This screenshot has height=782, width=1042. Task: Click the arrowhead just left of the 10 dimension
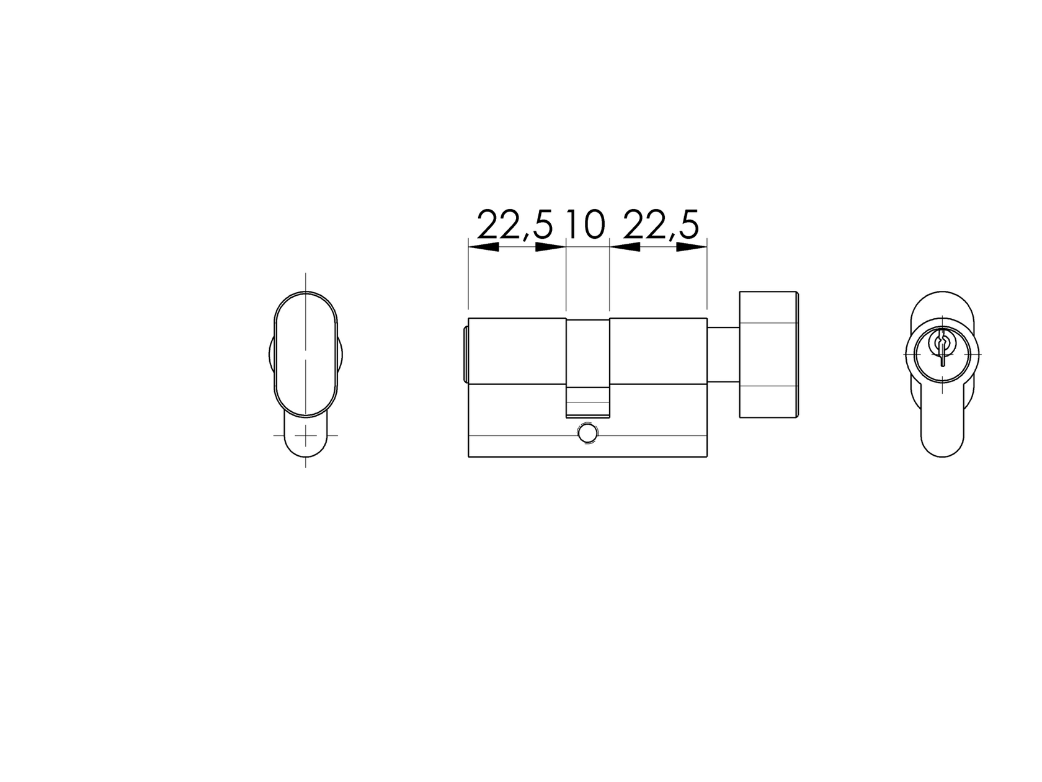coord(551,247)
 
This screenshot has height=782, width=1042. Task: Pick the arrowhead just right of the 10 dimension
coord(625,247)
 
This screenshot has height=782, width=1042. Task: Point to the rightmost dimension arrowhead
coord(692,247)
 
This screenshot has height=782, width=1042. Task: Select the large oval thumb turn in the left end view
coord(306,354)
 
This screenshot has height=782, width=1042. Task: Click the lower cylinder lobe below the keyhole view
coord(943,428)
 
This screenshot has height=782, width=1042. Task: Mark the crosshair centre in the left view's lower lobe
coord(305,435)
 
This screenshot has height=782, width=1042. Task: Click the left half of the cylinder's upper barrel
coord(517,351)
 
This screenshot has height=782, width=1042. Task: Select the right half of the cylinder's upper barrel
coord(658,351)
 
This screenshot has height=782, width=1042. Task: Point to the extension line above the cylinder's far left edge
coord(468,279)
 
